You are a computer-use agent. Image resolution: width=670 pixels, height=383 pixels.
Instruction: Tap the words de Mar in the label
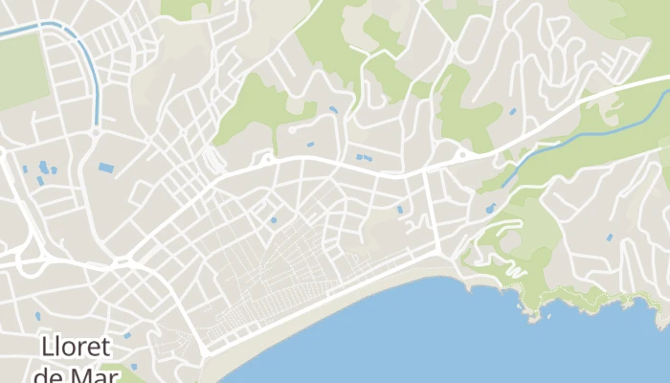[75, 373]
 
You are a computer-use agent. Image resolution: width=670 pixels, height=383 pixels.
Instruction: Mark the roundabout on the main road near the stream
[462, 154]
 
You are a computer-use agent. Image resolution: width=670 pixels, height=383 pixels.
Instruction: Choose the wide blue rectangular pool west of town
[105, 168]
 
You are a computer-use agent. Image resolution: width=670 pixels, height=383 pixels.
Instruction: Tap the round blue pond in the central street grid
[273, 220]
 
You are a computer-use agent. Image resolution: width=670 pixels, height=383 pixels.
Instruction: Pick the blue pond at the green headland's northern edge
[490, 208]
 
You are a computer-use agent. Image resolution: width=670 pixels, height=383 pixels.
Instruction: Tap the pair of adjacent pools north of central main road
[364, 157]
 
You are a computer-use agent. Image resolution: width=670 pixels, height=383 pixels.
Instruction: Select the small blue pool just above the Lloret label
[38, 315]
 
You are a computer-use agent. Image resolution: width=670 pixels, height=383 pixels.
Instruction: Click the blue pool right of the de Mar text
[133, 366]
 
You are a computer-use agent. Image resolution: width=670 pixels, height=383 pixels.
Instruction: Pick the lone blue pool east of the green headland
[609, 237]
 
